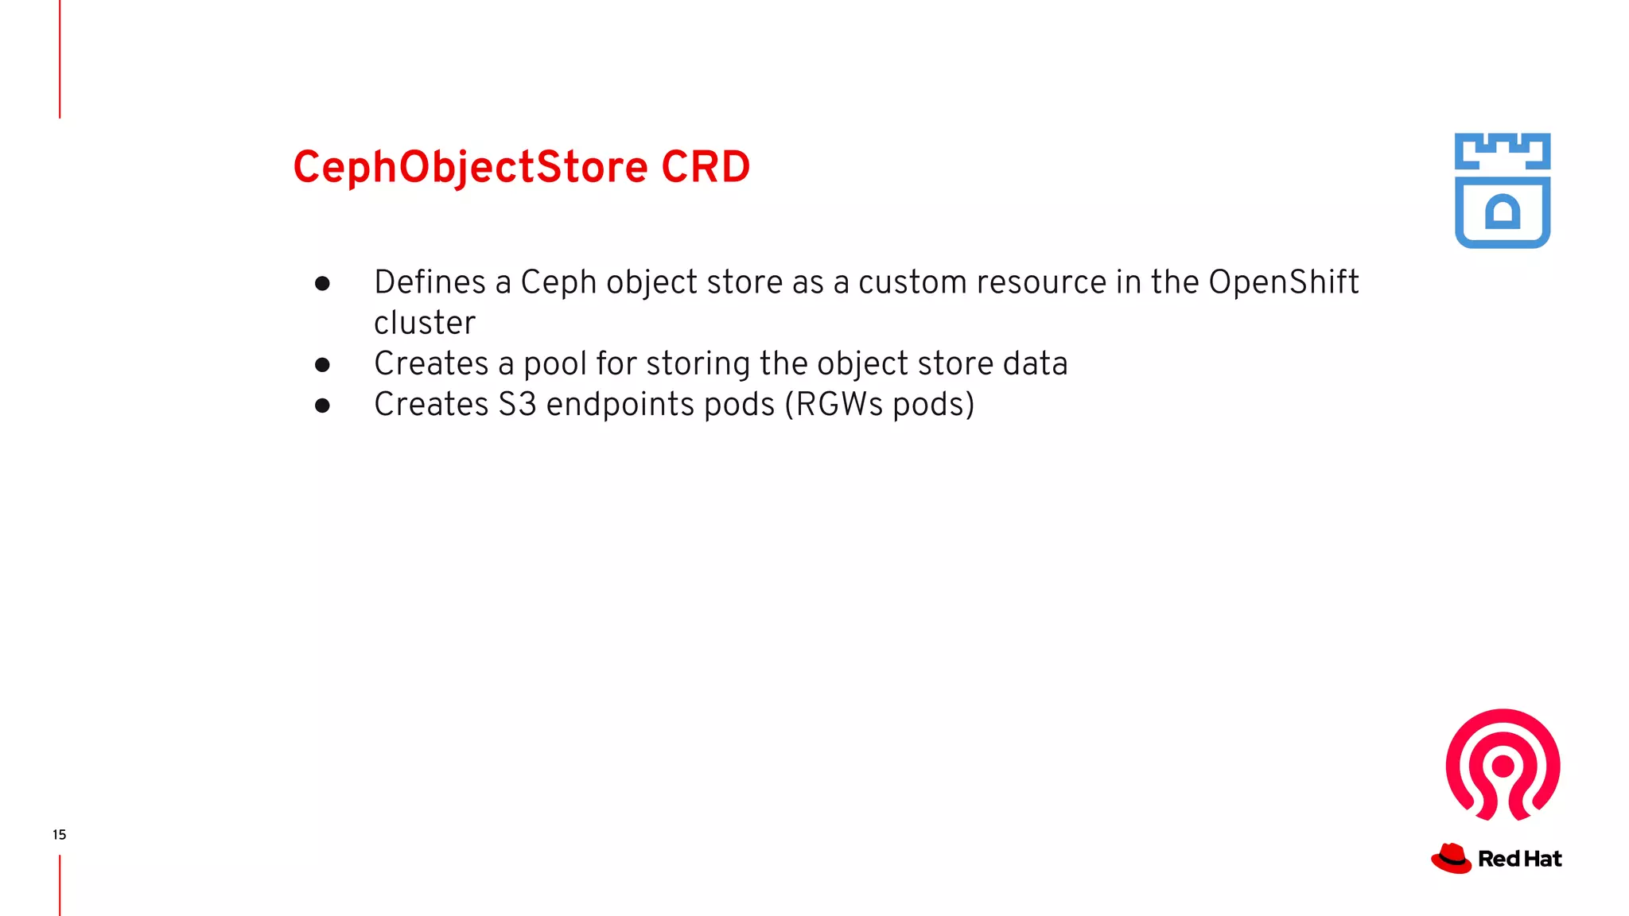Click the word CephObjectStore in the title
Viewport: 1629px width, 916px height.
tap(470, 168)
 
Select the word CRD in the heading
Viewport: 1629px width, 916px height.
tap(706, 168)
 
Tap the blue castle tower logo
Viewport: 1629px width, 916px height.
tap(1502, 191)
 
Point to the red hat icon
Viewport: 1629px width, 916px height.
tap(1452, 859)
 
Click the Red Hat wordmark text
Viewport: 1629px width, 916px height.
tap(1519, 860)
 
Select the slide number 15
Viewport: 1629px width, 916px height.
tap(60, 835)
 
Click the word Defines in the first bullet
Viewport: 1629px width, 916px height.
tap(430, 283)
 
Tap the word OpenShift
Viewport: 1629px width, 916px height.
tap(1283, 283)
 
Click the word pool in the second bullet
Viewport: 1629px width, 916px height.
tap(555, 364)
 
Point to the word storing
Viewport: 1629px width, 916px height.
tap(698, 364)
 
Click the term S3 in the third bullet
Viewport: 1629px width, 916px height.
tap(517, 405)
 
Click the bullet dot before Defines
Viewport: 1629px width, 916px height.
tap(322, 284)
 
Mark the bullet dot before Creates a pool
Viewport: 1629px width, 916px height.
tap(322, 365)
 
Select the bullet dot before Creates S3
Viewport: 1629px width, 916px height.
tap(322, 406)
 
